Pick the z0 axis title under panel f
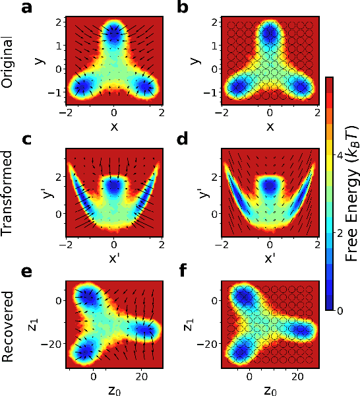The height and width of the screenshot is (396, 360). (271, 386)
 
